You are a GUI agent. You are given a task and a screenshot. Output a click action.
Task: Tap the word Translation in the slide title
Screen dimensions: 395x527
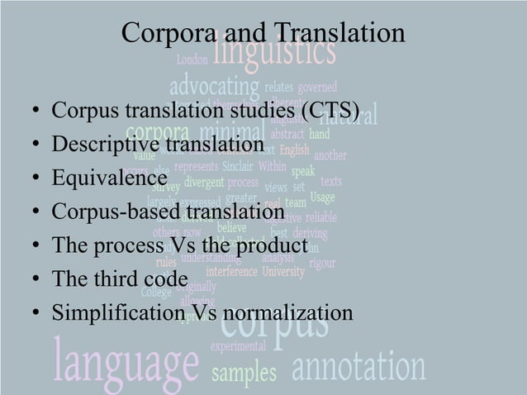(x=339, y=33)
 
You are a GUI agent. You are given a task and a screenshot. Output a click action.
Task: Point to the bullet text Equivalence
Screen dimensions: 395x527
(x=109, y=178)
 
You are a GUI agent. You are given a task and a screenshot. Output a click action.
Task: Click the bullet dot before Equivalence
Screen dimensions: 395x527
(x=33, y=179)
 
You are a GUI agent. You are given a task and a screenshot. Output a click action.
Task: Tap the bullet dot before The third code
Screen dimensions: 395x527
(x=33, y=280)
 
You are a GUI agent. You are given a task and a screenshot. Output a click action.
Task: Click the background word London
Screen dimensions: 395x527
(x=192, y=59)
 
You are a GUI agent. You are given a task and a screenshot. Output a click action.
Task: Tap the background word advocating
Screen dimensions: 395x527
(x=213, y=85)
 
